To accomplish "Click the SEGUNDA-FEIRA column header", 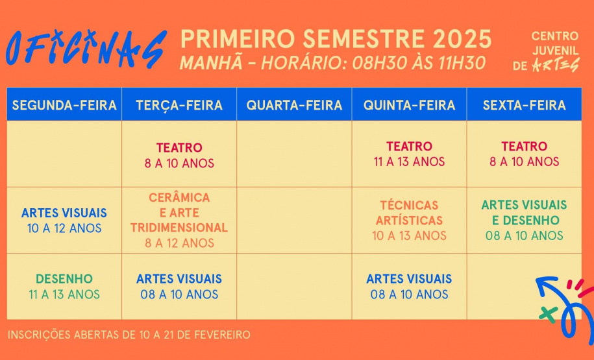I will (64, 105).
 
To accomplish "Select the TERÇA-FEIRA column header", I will (179, 105).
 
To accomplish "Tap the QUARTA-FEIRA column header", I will (294, 105).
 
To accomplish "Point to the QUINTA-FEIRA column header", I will (409, 105).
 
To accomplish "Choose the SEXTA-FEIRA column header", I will (524, 105).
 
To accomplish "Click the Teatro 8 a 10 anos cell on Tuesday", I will (179, 155).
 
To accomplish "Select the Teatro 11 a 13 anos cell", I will (409, 154).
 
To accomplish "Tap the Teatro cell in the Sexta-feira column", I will (524, 154).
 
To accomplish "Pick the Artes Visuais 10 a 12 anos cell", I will (64, 221).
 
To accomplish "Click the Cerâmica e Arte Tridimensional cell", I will (179, 221).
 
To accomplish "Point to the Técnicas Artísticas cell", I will (409, 221).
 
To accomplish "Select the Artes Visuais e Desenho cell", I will (524, 221).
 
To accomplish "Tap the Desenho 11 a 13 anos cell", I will (64, 287).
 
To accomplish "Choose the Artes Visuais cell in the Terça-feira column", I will (179, 287).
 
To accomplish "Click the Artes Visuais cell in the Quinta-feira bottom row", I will (409, 287).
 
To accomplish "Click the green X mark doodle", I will (548, 315).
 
